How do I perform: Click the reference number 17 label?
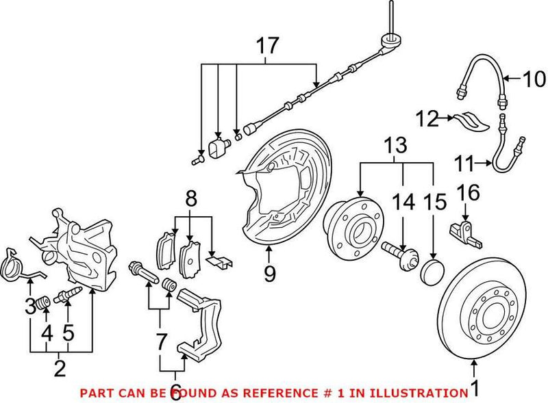point(268,47)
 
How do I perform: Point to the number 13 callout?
point(396,145)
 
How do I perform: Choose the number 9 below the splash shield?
point(269,274)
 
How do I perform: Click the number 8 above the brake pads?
point(191,200)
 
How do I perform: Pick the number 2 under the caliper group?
point(60,369)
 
